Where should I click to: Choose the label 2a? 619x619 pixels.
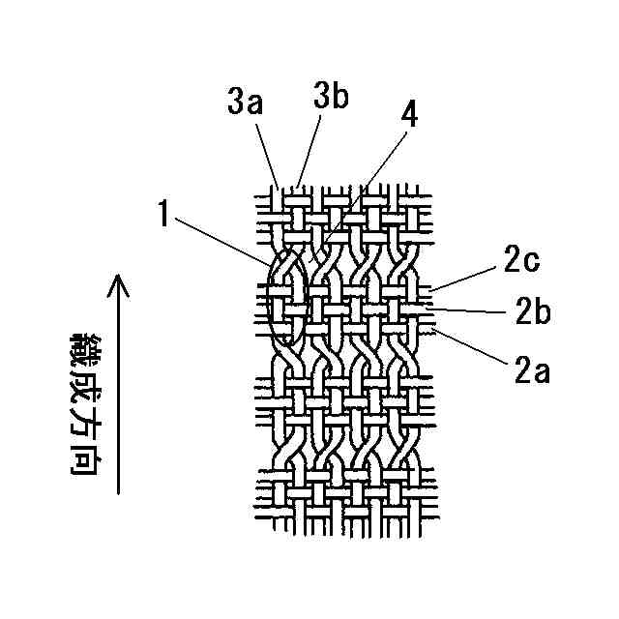[x=530, y=368]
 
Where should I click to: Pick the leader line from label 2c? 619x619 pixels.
[x=464, y=278]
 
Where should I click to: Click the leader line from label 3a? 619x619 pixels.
[x=267, y=151]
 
